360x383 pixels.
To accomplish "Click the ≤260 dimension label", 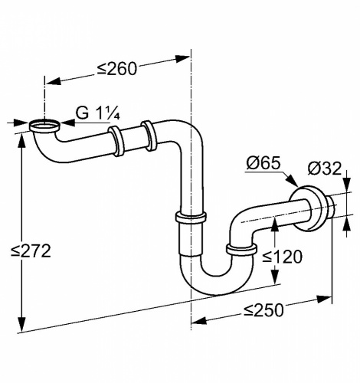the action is pos(117,68).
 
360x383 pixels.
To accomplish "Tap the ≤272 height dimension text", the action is pos(31,250).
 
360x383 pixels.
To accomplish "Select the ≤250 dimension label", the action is pos(263,310).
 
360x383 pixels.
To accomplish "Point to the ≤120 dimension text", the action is pos(283,257).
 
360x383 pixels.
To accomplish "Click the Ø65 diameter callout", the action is pos(263,163).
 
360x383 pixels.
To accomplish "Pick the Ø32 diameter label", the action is pos(324,169).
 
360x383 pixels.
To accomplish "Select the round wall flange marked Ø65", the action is pos(306,208).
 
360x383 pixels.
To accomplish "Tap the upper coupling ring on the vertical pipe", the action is pos(191,218).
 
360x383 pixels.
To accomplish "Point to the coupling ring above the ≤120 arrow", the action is pos(241,250).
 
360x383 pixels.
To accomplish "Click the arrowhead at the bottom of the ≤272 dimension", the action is pos(21,324).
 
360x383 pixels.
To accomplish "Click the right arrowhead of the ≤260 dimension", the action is pos(182,58).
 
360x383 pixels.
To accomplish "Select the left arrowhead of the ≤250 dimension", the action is pos(199,320).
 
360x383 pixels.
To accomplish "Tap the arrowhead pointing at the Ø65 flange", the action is pos(292,180).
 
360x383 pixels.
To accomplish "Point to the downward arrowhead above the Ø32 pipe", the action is pos(346,184).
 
